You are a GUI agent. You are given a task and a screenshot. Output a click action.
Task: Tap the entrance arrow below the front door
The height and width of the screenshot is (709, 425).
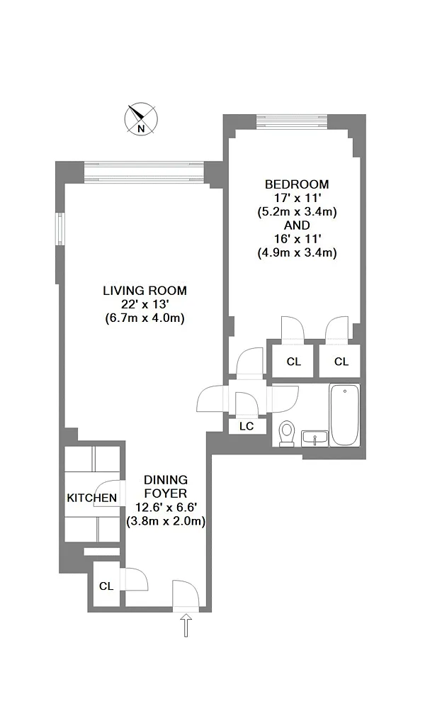pos(186,625)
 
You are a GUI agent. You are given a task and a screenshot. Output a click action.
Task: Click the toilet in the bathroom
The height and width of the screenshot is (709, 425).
pos(287,434)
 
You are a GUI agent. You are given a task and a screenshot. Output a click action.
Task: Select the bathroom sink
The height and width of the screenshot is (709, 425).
pos(314,437)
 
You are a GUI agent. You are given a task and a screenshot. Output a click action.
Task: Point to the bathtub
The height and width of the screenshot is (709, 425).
pos(345,415)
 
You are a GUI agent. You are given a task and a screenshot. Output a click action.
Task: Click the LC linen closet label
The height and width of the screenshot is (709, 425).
pos(246,426)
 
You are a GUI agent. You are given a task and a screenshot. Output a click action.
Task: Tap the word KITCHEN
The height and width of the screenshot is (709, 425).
pos(91,498)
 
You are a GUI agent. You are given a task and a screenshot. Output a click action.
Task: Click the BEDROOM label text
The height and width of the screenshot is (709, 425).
pos(297,184)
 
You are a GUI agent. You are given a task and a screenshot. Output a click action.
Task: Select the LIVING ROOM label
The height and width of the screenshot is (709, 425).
pos(144,291)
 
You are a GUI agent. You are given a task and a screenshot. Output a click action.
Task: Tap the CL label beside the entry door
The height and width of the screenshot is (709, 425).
pos(106,586)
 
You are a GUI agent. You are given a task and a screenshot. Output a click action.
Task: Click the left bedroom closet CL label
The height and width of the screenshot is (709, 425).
pos(293,362)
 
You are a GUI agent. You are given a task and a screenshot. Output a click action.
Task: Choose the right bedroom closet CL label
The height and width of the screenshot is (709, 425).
pos(341,362)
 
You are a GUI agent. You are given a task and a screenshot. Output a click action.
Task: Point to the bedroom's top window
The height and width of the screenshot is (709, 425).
pos(292,122)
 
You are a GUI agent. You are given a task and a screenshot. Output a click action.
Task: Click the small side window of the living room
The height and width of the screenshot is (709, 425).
pos(60,229)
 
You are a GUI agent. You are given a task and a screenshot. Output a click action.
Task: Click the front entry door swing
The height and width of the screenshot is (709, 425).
pos(186,593)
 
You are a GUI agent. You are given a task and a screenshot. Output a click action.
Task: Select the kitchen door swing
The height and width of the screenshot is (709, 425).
pos(108,493)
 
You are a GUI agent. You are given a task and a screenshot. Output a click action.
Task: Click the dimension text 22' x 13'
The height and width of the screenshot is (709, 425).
pos(144,304)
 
